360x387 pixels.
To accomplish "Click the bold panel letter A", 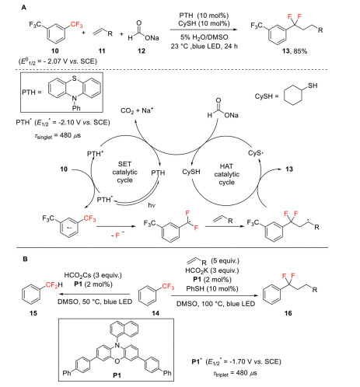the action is (x=23, y=8).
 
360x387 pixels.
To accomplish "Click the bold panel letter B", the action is (x=25, y=259).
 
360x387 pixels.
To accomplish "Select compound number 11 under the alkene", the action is (x=102, y=51).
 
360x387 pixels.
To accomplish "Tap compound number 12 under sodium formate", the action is (x=142, y=51).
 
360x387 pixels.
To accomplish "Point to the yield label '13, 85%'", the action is (x=295, y=51).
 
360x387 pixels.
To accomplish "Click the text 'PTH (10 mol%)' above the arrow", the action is (x=204, y=16).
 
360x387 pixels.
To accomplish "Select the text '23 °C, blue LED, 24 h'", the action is (x=204, y=47).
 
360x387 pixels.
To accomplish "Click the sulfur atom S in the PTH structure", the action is (x=75, y=78).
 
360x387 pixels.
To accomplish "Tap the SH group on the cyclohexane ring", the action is (x=313, y=85).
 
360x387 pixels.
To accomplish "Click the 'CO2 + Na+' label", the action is (x=137, y=110).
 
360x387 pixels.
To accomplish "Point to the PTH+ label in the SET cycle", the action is (x=96, y=154).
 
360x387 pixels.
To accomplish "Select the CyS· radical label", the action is (x=256, y=153).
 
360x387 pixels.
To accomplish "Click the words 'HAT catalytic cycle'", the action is (x=226, y=174).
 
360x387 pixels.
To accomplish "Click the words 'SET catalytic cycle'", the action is (x=124, y=172).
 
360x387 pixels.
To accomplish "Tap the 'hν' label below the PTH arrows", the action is (x=152, y=205).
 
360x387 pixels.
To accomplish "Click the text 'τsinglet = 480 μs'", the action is (x=58, y=135).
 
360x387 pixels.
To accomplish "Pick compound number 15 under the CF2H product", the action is (x=33, y=313).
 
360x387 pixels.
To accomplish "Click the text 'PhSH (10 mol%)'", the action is (x=212, y=288).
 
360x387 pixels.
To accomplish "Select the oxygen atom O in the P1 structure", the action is (x=117, y=361).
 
